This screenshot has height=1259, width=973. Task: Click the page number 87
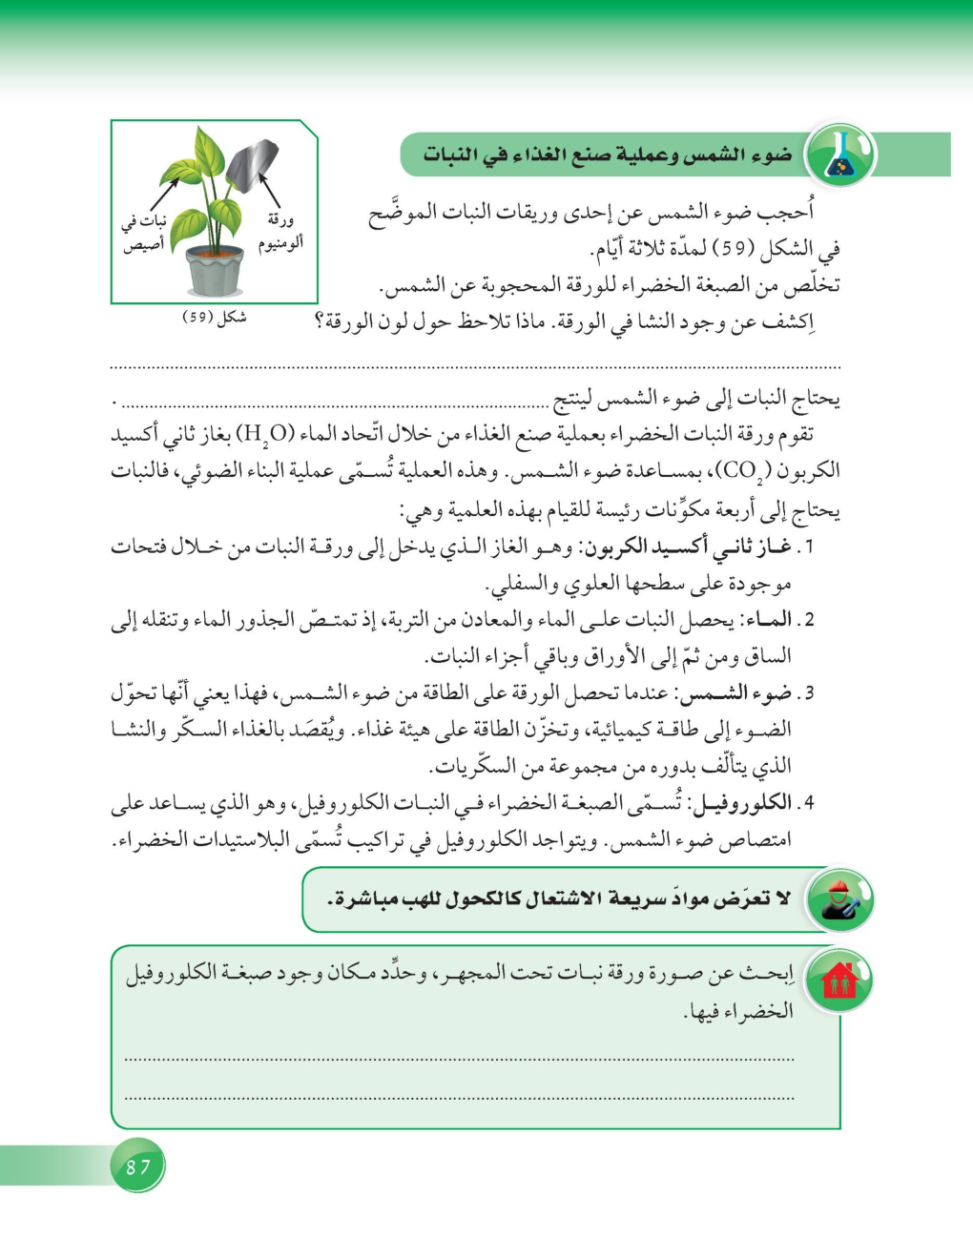tap(138, 1166)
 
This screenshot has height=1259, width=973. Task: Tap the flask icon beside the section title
tap(840, 155)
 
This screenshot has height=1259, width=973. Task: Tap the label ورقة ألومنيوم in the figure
tap(280, 232)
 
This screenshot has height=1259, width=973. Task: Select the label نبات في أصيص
tap(144, 233)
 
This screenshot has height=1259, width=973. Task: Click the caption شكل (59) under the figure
tap(215, 318)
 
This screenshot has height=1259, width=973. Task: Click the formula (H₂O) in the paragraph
tap(266, 435)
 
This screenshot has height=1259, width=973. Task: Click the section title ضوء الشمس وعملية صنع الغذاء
tap(608, 155)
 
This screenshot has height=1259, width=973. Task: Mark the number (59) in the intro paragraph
tap(736, 249)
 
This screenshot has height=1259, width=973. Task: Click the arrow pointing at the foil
tap(270, 189)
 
